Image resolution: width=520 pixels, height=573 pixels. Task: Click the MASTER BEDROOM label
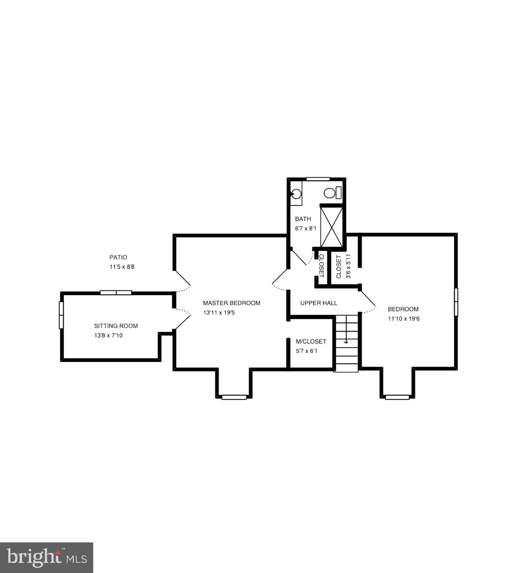(x=232, y=303)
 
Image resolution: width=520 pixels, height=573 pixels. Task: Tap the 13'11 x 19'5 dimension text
(x=219, y=313)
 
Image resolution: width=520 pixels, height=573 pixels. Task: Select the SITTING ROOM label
(x=116, y=326)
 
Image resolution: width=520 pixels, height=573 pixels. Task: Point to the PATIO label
(x=118, y=257)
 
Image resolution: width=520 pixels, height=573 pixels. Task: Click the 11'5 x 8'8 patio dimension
(x=122, y=267)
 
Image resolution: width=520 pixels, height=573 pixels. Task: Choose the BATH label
(x=303, y=219)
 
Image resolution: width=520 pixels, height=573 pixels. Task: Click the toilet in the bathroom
(x=332, y=193)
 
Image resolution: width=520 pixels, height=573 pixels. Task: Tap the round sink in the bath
(x=296, y=194)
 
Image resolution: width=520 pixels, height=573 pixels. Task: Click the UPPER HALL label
(x=319, y=303)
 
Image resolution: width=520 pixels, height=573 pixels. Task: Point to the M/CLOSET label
(x=311, y=341)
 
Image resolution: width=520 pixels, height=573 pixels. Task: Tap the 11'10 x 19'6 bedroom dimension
(x=403, y=319)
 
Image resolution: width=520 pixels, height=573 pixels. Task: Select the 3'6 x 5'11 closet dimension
(x=348, y=266)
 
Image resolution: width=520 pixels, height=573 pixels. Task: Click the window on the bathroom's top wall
(x=318, y=179)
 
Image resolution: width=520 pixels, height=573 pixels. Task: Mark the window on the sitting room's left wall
(x=61, y=315)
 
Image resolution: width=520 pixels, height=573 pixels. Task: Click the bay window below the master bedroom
(x=234, y=397)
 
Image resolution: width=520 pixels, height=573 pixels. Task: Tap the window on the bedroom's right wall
(x=456, y=302)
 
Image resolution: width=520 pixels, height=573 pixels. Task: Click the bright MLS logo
(x=46, y=557)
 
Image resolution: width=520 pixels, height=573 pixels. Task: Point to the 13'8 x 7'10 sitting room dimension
(x=108, y=335)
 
